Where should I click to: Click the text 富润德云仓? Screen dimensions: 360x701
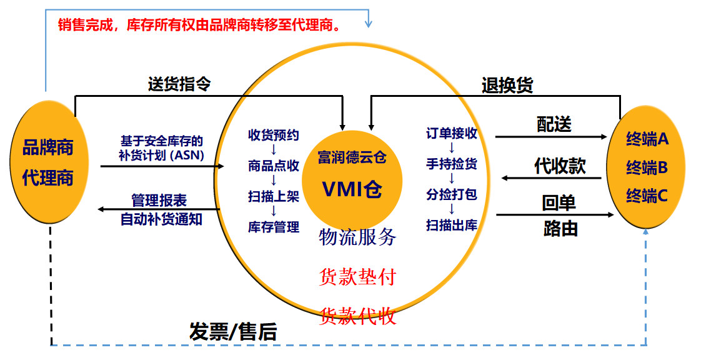[352, 156]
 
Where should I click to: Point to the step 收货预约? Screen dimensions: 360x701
[274, 135]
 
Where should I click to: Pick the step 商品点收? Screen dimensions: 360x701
[274, 166]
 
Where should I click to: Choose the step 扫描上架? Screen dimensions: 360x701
[274, 196]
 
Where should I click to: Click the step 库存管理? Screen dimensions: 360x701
[274, 227]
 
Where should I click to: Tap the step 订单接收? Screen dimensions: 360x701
[452, 133]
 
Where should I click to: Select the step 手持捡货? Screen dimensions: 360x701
[452, 164]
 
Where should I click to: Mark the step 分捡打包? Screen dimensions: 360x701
[452, 194]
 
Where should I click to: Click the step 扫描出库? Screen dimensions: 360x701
[452, 225]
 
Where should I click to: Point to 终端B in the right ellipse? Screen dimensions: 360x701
[647, 167]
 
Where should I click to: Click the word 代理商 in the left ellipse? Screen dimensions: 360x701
[48, 177]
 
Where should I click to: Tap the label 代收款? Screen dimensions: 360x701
[560, 166]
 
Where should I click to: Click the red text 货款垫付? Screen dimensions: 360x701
[357, 277]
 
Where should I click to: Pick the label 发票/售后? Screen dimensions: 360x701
[233, 332]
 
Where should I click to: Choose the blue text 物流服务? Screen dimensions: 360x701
[357, 237]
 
